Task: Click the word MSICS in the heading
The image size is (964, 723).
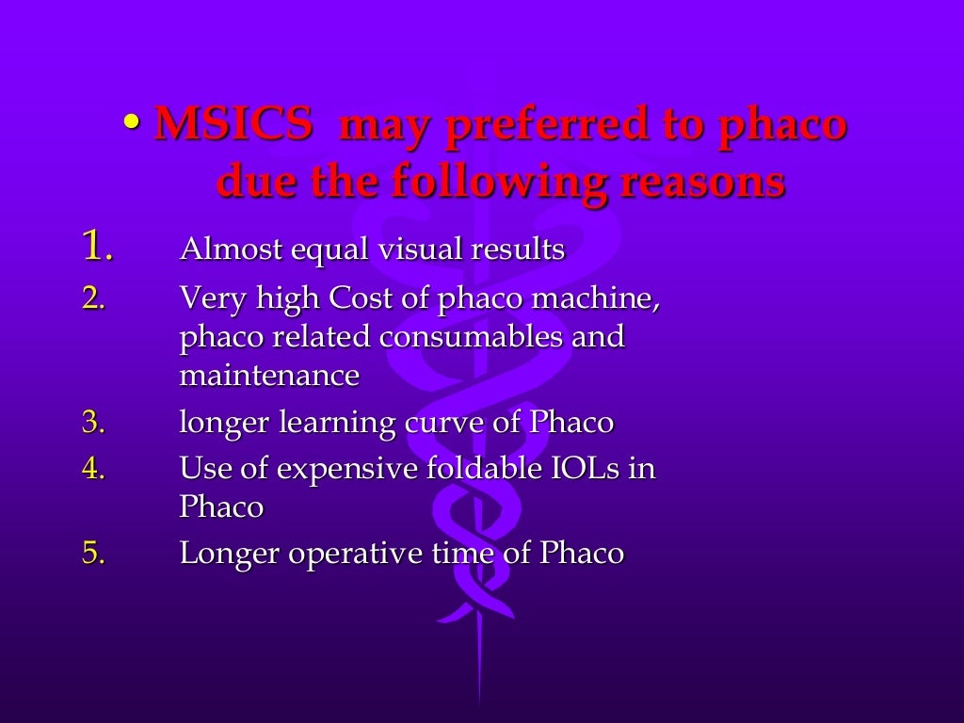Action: tap(233, 124)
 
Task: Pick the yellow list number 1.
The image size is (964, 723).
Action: tap(97, 247)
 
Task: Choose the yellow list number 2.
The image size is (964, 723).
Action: tap(94, 298)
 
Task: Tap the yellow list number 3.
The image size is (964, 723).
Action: tap(94, 422)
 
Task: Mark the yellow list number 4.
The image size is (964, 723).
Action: tap(94, 468)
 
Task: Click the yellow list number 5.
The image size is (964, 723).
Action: tap(94, 553)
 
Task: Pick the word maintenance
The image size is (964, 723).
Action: tap(269, 376)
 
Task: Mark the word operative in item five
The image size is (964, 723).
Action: tap(352, 553)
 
